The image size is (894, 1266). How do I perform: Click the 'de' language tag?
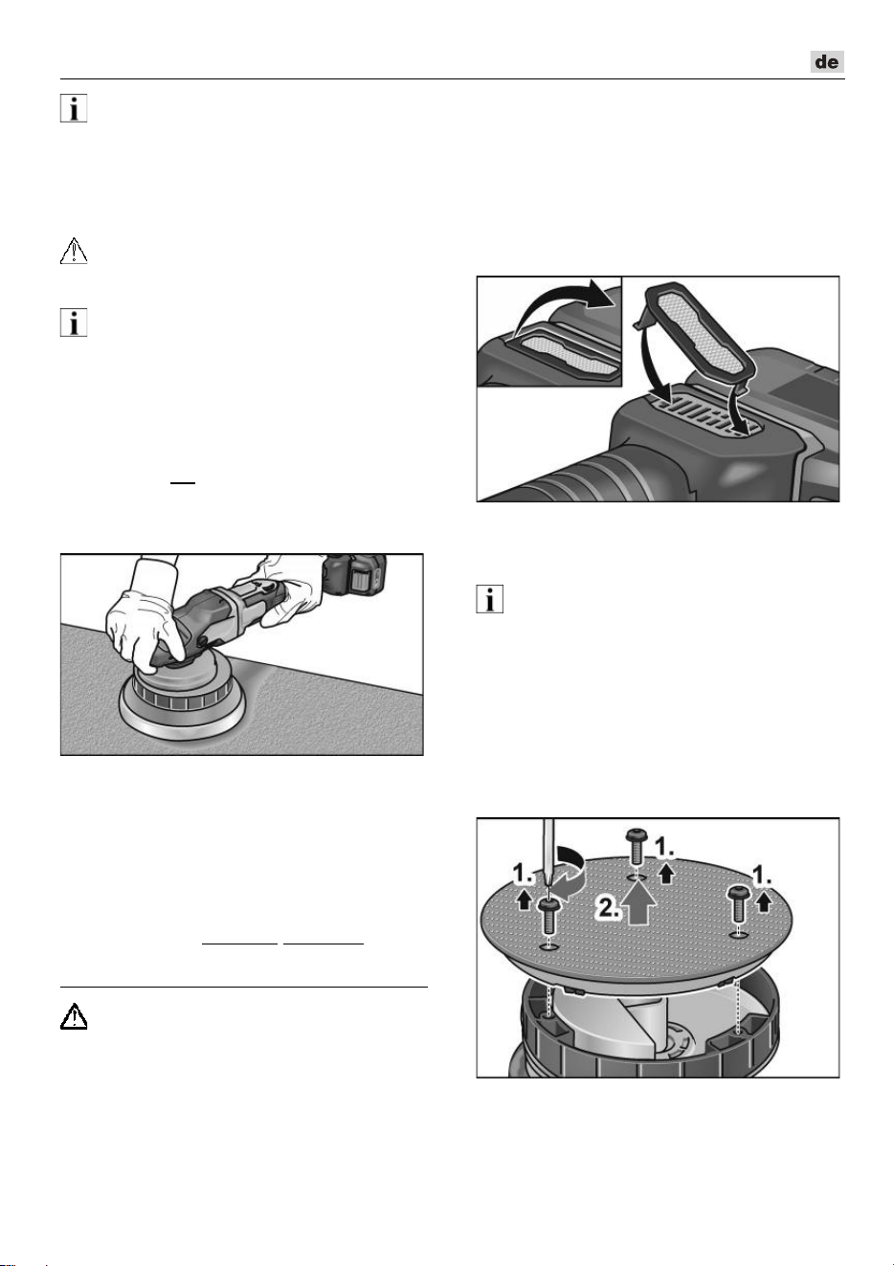[827, 61]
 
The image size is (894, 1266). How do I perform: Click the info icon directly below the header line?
[74, 108]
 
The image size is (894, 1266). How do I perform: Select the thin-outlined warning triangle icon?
[74, 251]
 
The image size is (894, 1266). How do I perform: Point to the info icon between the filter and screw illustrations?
[490, 599]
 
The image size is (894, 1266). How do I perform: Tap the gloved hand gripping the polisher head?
[142, 625]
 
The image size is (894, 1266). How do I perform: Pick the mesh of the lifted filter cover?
[699, 333]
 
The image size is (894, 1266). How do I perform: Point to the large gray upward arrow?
[639, 902]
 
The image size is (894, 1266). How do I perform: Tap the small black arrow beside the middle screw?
[667, 874]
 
